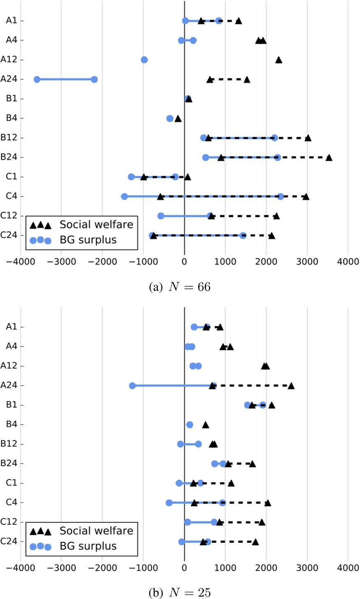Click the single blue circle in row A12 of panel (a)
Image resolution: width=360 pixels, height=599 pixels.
point(144,60)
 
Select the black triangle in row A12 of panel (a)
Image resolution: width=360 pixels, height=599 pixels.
point(279,60)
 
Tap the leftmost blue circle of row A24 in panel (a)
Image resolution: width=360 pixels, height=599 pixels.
point(37,79)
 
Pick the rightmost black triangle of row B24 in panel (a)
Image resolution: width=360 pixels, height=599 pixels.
point(329,157)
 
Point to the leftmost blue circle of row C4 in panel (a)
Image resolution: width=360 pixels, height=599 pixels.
point(125,197)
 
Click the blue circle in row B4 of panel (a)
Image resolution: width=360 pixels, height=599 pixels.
point(170,119)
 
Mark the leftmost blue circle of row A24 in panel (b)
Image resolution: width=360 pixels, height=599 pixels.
point(132,386)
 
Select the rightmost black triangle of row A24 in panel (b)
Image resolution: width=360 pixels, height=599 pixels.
point(291,386)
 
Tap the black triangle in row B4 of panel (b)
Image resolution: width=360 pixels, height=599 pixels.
point(205,425)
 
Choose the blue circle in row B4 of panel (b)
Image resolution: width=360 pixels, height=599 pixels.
point(189,425)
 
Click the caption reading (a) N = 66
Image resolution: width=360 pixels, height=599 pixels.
point(180,286)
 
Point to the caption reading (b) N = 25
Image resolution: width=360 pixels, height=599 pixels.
point(180,592)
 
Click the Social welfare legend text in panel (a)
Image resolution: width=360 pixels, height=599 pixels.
point(96,224)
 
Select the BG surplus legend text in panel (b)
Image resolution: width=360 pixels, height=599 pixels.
point(88,546)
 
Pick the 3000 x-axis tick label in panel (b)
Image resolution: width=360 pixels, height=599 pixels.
point(307,568)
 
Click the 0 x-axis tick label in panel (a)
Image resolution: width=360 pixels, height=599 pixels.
point(185,262)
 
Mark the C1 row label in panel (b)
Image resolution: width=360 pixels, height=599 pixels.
point(12,483)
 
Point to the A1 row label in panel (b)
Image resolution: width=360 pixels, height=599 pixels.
point(12,327)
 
